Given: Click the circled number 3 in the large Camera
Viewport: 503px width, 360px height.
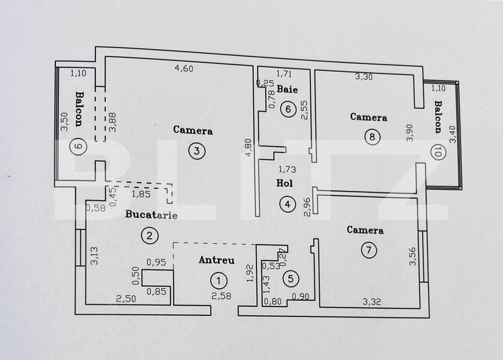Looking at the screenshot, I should [x=196, y=151].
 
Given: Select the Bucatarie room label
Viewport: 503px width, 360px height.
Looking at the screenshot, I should [x=151, y=215].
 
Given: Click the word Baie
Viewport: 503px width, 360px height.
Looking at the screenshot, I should [x=287, y=89].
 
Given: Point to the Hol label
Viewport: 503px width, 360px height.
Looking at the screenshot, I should [x=285, y=183].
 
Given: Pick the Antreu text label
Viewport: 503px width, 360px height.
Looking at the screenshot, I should [x=216, y=260].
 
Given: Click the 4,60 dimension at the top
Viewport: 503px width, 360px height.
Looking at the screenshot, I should [x=184, y=68].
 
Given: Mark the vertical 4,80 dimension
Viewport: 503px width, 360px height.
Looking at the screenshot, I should [x=249, y=147].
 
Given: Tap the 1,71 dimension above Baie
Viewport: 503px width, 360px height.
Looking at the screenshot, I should [x=284, y=74].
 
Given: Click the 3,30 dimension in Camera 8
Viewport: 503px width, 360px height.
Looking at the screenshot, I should [x=363, y=76].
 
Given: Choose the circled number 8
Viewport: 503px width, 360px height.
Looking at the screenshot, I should [x=372, y=137].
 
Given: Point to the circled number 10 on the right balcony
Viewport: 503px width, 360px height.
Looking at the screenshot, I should [x=437, y=152].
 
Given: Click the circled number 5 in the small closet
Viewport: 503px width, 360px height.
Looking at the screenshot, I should [x=291, y=279].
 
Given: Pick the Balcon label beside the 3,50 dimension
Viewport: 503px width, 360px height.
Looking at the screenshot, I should [x=79, y=109].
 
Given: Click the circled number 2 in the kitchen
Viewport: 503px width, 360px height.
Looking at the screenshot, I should [x=149, y=236].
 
